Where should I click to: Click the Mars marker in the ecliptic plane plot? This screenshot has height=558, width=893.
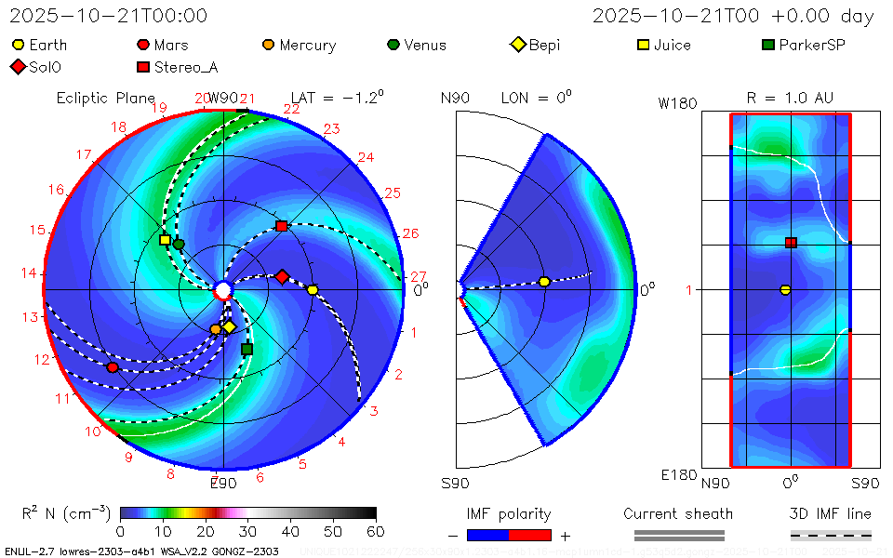[113, 367]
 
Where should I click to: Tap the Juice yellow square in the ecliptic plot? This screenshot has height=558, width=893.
[166, 240]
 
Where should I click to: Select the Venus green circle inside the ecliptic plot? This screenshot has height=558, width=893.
[179, 245]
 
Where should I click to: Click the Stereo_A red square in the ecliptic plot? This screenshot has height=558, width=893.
[282, 226]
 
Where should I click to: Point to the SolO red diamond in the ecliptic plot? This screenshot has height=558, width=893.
[282, 276]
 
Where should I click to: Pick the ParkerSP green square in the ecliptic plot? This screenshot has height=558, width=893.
[247, 349]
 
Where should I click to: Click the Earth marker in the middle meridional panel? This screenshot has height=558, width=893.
[544, 282]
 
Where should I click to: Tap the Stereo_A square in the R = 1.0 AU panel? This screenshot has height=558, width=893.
[791, 243]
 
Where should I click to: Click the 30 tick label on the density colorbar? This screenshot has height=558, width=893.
[247, 531]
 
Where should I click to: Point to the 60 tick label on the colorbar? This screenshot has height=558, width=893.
[376, 531]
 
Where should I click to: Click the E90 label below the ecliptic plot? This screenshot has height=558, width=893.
[223, 483]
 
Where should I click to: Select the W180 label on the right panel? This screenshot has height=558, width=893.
[677, 104]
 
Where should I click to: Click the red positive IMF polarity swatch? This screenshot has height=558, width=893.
[530, 535]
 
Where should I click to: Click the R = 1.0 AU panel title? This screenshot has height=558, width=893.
[790, 97]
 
